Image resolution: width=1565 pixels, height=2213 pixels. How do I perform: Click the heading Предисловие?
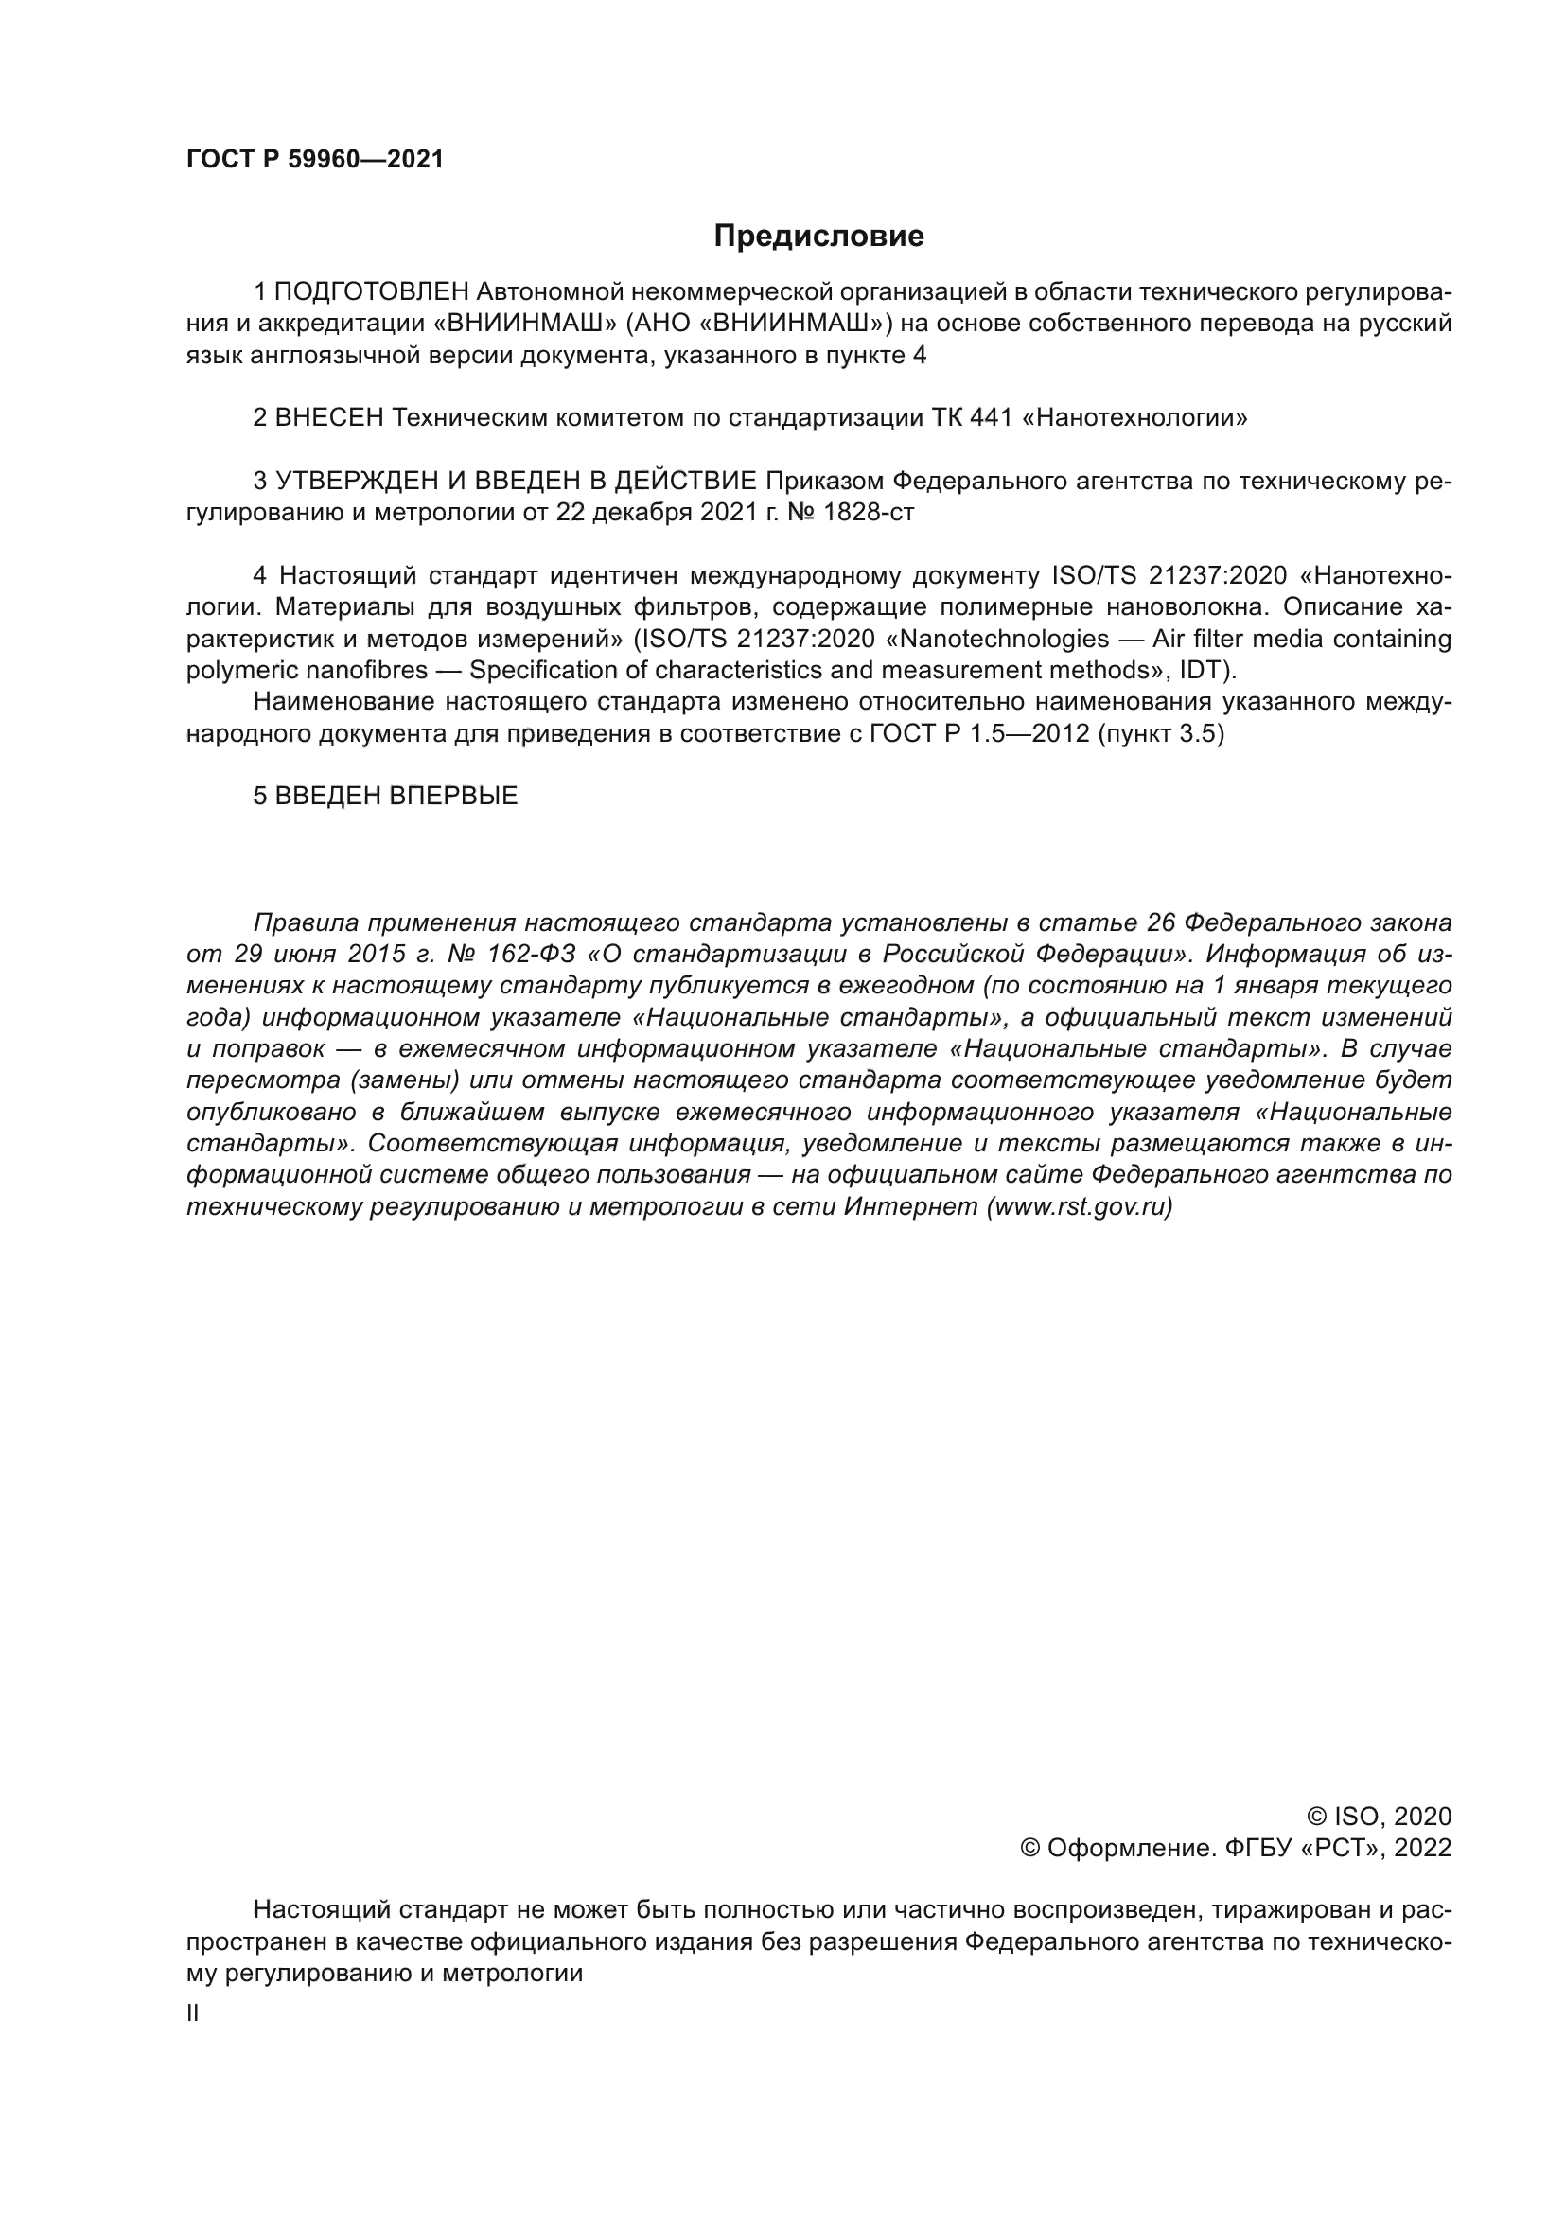point(818,237)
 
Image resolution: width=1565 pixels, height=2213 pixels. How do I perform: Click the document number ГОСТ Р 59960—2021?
point(315,160)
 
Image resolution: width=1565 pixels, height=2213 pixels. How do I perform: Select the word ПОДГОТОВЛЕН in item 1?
point(372,291)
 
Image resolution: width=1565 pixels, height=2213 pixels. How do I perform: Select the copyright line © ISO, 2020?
point(1379,1817)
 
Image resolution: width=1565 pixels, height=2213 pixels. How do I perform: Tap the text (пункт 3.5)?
point(1160,733)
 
